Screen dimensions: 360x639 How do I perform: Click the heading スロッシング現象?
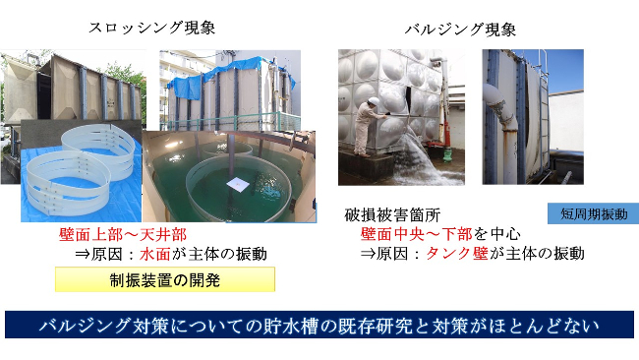148,27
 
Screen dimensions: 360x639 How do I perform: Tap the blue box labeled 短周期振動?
592,213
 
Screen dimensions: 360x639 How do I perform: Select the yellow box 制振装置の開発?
164,279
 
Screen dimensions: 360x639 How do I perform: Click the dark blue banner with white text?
319,324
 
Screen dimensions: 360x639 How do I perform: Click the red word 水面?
151,254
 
